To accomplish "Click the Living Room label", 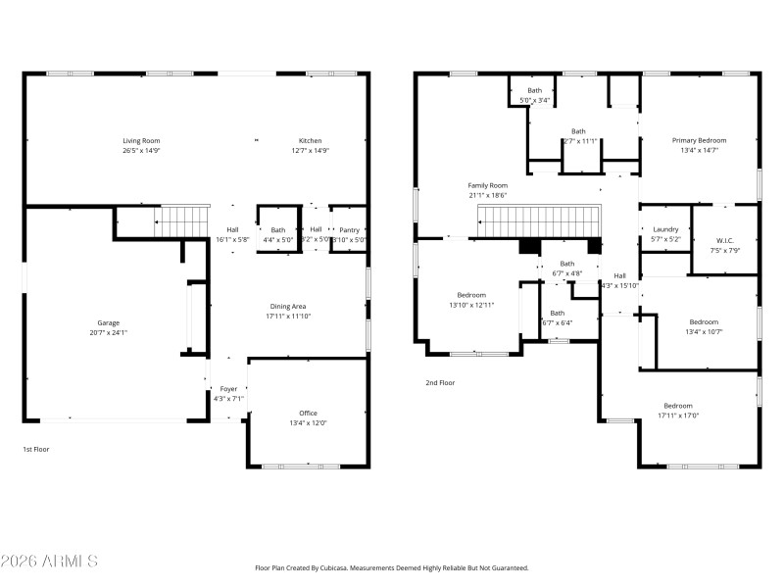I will pyautogui.click(x=141, y=140).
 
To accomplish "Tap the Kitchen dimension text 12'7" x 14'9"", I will pyautogui.click(x=310, y=151).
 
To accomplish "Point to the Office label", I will pyautogui.click(x=308, y=413).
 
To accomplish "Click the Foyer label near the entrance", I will pyautogui.click(x=227, y=389).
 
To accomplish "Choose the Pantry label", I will pyautogui.click(x=349, y=229).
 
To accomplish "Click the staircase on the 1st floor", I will pyautogui.click(x=184, y=220).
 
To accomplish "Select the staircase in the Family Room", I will pyautogui.click(x=539, y=221).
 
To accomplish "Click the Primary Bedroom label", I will pyautogui.click(x=699, y=140).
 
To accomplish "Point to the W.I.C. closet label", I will pyautogui.click(x=724, y=240).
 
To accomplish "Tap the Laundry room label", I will pyautogui.click(x=665, y=229).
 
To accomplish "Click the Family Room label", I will pyautogui.click(x=487, y=185).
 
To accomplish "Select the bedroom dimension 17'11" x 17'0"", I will pyautogui.click(x=678, y=416).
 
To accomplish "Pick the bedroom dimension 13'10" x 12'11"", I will pyautogui.click(x=471, y=305).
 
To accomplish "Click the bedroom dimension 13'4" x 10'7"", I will pyautogui.click(x=704, y=332).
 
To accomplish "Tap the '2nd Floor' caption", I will pyautogui.click(x=440, y=383).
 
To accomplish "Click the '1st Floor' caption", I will pyautogui.click(x=36, y=449).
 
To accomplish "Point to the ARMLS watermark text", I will pyautogui.click(x=49, y=562).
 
